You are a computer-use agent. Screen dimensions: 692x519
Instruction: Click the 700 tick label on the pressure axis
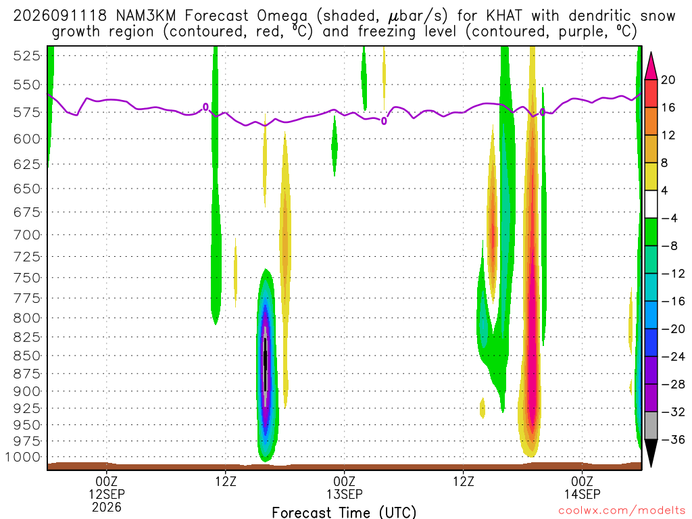tap(26, 234)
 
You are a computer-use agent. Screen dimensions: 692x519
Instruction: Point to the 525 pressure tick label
tap(26, 56)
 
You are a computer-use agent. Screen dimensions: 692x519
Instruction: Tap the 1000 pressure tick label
tap(24, 458)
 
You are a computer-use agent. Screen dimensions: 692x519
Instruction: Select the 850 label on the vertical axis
tap(26, 355)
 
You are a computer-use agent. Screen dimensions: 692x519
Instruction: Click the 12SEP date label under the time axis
tap(107, 494)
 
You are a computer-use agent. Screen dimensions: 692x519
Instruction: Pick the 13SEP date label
tap(345, 494)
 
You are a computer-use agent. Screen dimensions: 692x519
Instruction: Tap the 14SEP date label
tap(582, 494)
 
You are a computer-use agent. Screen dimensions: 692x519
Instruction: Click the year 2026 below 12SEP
tap(107, 507)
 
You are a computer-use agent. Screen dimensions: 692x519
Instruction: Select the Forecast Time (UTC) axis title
tap(344, 512)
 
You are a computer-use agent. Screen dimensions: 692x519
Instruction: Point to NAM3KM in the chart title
tap(146, 16)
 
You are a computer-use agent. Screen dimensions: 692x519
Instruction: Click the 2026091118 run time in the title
tap(60, 16)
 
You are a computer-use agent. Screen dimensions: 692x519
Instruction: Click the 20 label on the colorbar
tap(668, 80)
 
